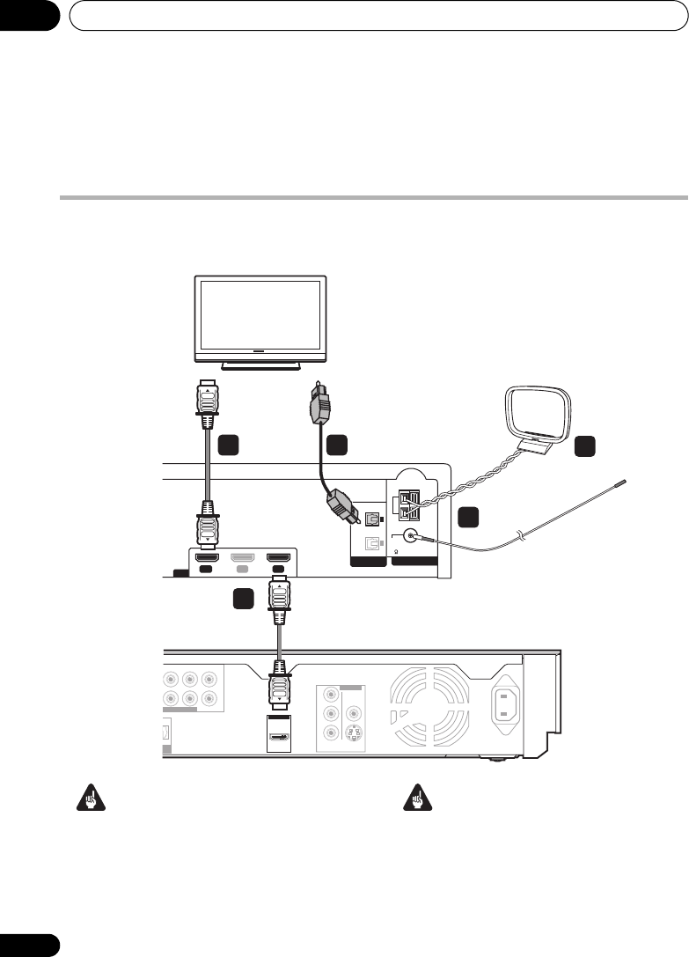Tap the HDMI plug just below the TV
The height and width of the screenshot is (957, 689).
(x=209, y=403)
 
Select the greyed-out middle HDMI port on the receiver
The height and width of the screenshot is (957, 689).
(x=246, y=558)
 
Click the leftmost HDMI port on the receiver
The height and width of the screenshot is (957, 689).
(x=208, y=558)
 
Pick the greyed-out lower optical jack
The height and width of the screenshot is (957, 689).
(x=373, y=543)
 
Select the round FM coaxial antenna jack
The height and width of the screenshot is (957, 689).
(x=410, y=533)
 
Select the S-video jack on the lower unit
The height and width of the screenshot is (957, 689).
(x=354, y=732)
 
